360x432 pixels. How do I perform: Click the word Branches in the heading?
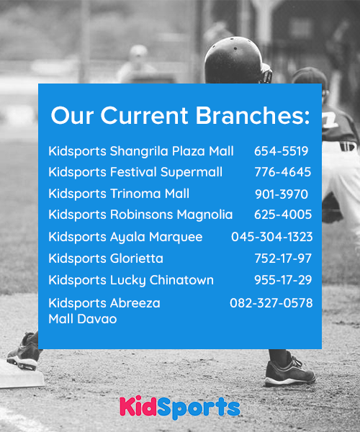point(253,115)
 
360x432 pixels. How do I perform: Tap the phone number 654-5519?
point(282,151)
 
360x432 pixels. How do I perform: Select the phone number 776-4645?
point(283,172)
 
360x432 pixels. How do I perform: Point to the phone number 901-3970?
point(282,194)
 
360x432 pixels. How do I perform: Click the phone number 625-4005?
point(283,215)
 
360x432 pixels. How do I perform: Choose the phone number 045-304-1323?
point(272,237)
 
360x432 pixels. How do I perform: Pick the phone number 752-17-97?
point(283,258)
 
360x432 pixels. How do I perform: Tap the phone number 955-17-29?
point(283,280)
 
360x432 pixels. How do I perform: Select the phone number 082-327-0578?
point(271,303)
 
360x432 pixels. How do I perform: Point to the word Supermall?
point(192,173)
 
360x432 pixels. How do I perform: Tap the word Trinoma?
point(135,194)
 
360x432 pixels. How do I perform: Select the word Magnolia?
point(204,215)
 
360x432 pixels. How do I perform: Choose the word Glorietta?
point(137,258)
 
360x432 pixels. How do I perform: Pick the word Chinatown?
point(181,280)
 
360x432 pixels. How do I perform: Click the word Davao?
point(97,319)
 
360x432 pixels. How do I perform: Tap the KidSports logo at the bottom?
point(180,408)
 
